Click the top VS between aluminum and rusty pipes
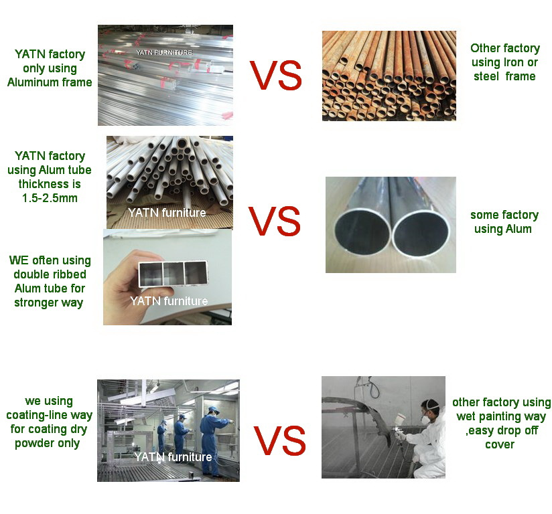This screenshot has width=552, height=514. coord(275,75)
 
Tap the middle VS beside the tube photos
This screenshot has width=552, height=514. coord(275,221)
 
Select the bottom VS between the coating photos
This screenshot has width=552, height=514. coord(279,440)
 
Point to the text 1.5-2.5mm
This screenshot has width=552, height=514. coord(50,198)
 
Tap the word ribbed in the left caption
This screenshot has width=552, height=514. coord(68,274)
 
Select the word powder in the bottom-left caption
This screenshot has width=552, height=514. coord(33,444)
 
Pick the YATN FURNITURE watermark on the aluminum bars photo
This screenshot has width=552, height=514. coord(164,52)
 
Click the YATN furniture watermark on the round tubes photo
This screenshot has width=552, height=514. coord(167,213)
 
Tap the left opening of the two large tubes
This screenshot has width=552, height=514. coord(362,232)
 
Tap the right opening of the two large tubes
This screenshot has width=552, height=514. coord(421,234)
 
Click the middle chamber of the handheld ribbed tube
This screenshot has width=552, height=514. coord(174,274)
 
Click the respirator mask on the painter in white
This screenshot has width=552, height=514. coord(425,420)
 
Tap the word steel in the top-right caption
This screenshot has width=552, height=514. coord(486,76)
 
